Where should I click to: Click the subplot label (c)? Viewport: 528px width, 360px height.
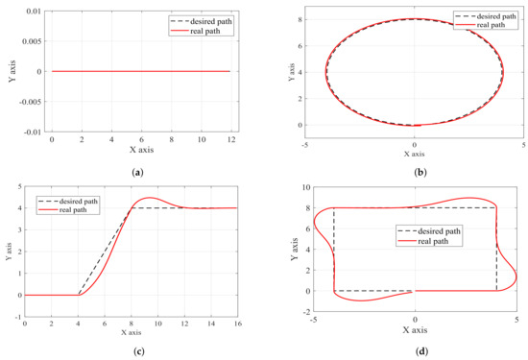point(142,350)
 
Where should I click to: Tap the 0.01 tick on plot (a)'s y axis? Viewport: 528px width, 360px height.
point(32,11)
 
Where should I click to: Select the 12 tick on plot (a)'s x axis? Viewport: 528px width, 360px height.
point(229,139)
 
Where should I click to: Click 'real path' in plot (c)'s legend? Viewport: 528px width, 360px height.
point(76,208)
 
